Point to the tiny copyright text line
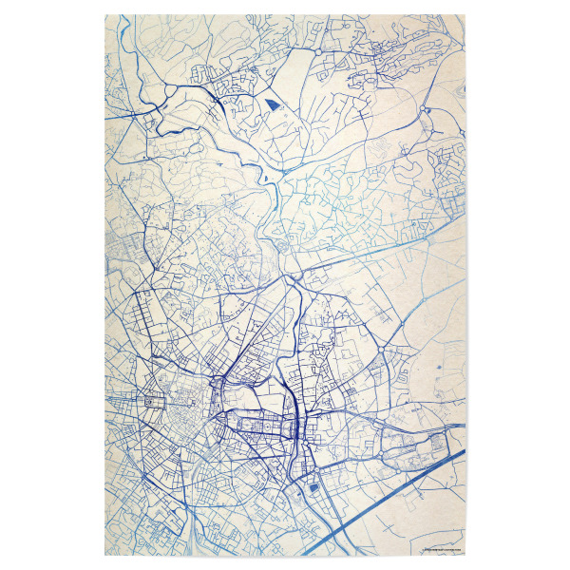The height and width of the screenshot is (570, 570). point(440,549)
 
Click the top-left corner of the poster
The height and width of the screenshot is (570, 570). point(104,15)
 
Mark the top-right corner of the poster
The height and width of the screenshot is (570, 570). point(465,15)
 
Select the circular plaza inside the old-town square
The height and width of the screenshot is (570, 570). point(149,402)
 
